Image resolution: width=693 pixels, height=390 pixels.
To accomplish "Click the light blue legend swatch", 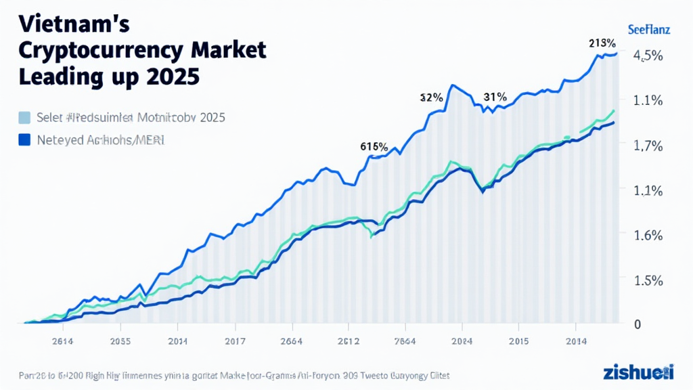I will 25,117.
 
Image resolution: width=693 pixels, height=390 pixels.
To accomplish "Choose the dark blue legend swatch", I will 25,140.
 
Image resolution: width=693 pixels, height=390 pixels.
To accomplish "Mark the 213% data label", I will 602,43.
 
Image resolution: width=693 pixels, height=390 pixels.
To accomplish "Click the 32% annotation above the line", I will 431,97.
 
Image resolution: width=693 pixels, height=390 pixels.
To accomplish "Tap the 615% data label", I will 374,146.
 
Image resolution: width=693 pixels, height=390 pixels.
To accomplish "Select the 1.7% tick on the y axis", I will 647,146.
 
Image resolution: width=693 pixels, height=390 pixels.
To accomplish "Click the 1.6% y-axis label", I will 647,235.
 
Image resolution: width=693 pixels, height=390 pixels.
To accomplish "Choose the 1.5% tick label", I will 647,280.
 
